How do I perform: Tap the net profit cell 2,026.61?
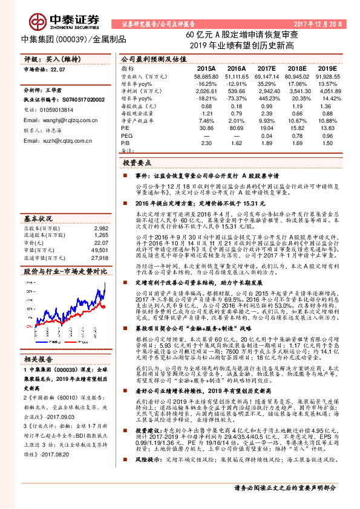pyautogui.click(x=206, y=91)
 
